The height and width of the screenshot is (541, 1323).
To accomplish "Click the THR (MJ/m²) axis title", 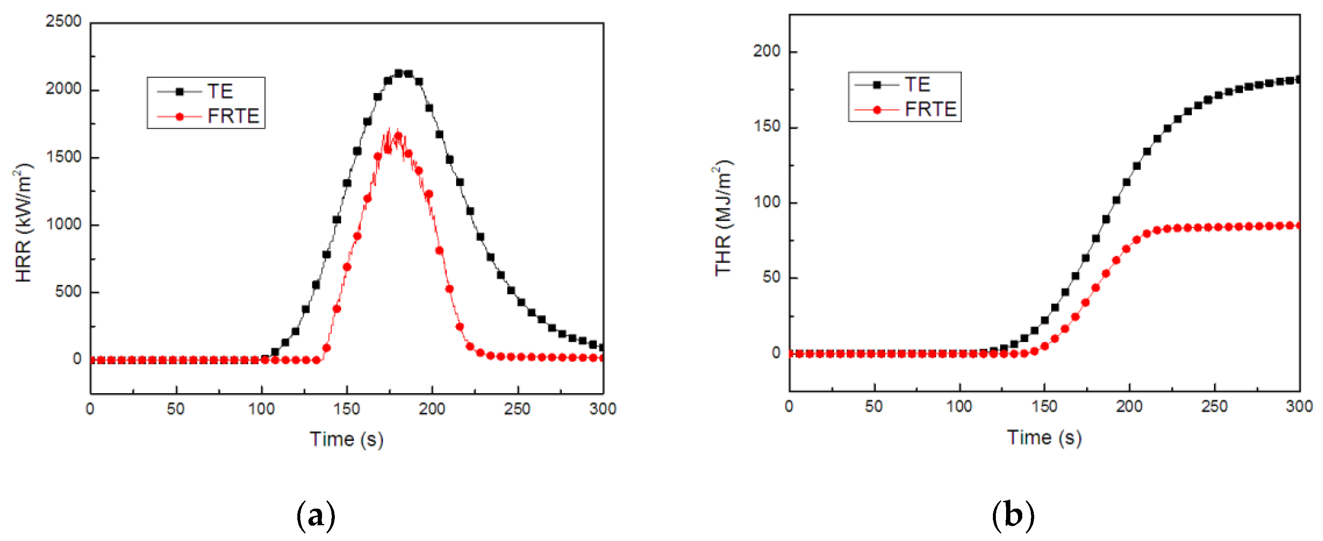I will point(723,219).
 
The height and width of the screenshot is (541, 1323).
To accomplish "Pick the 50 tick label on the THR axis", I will point(771,277).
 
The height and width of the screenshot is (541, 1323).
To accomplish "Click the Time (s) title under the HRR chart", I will point(346,439).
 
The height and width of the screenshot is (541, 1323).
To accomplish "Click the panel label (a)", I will point(316,515).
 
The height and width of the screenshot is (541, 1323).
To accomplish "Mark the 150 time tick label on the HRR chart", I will point(346,409).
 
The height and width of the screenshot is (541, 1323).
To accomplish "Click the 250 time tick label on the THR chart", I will point(1214,406).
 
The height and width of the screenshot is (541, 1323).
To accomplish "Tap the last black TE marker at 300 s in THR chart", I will point(1299,80).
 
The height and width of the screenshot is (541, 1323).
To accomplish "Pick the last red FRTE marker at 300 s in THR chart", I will point(1299,225).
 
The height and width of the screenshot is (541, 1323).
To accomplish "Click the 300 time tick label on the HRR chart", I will point(602,409).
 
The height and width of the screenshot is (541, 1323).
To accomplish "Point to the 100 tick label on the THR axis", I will point(766,202).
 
